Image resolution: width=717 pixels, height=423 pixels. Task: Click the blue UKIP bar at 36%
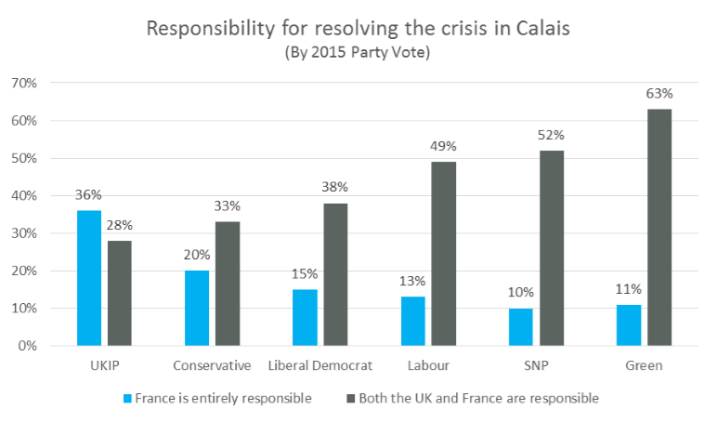tap(89, 278)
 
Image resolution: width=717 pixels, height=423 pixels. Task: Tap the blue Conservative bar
tap(197, 308)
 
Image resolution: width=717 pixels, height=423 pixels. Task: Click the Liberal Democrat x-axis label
tap(319, 365)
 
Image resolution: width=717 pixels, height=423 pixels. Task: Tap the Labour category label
tap(426, 365)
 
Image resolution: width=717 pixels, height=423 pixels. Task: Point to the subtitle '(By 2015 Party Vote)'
tap(358, 53)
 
